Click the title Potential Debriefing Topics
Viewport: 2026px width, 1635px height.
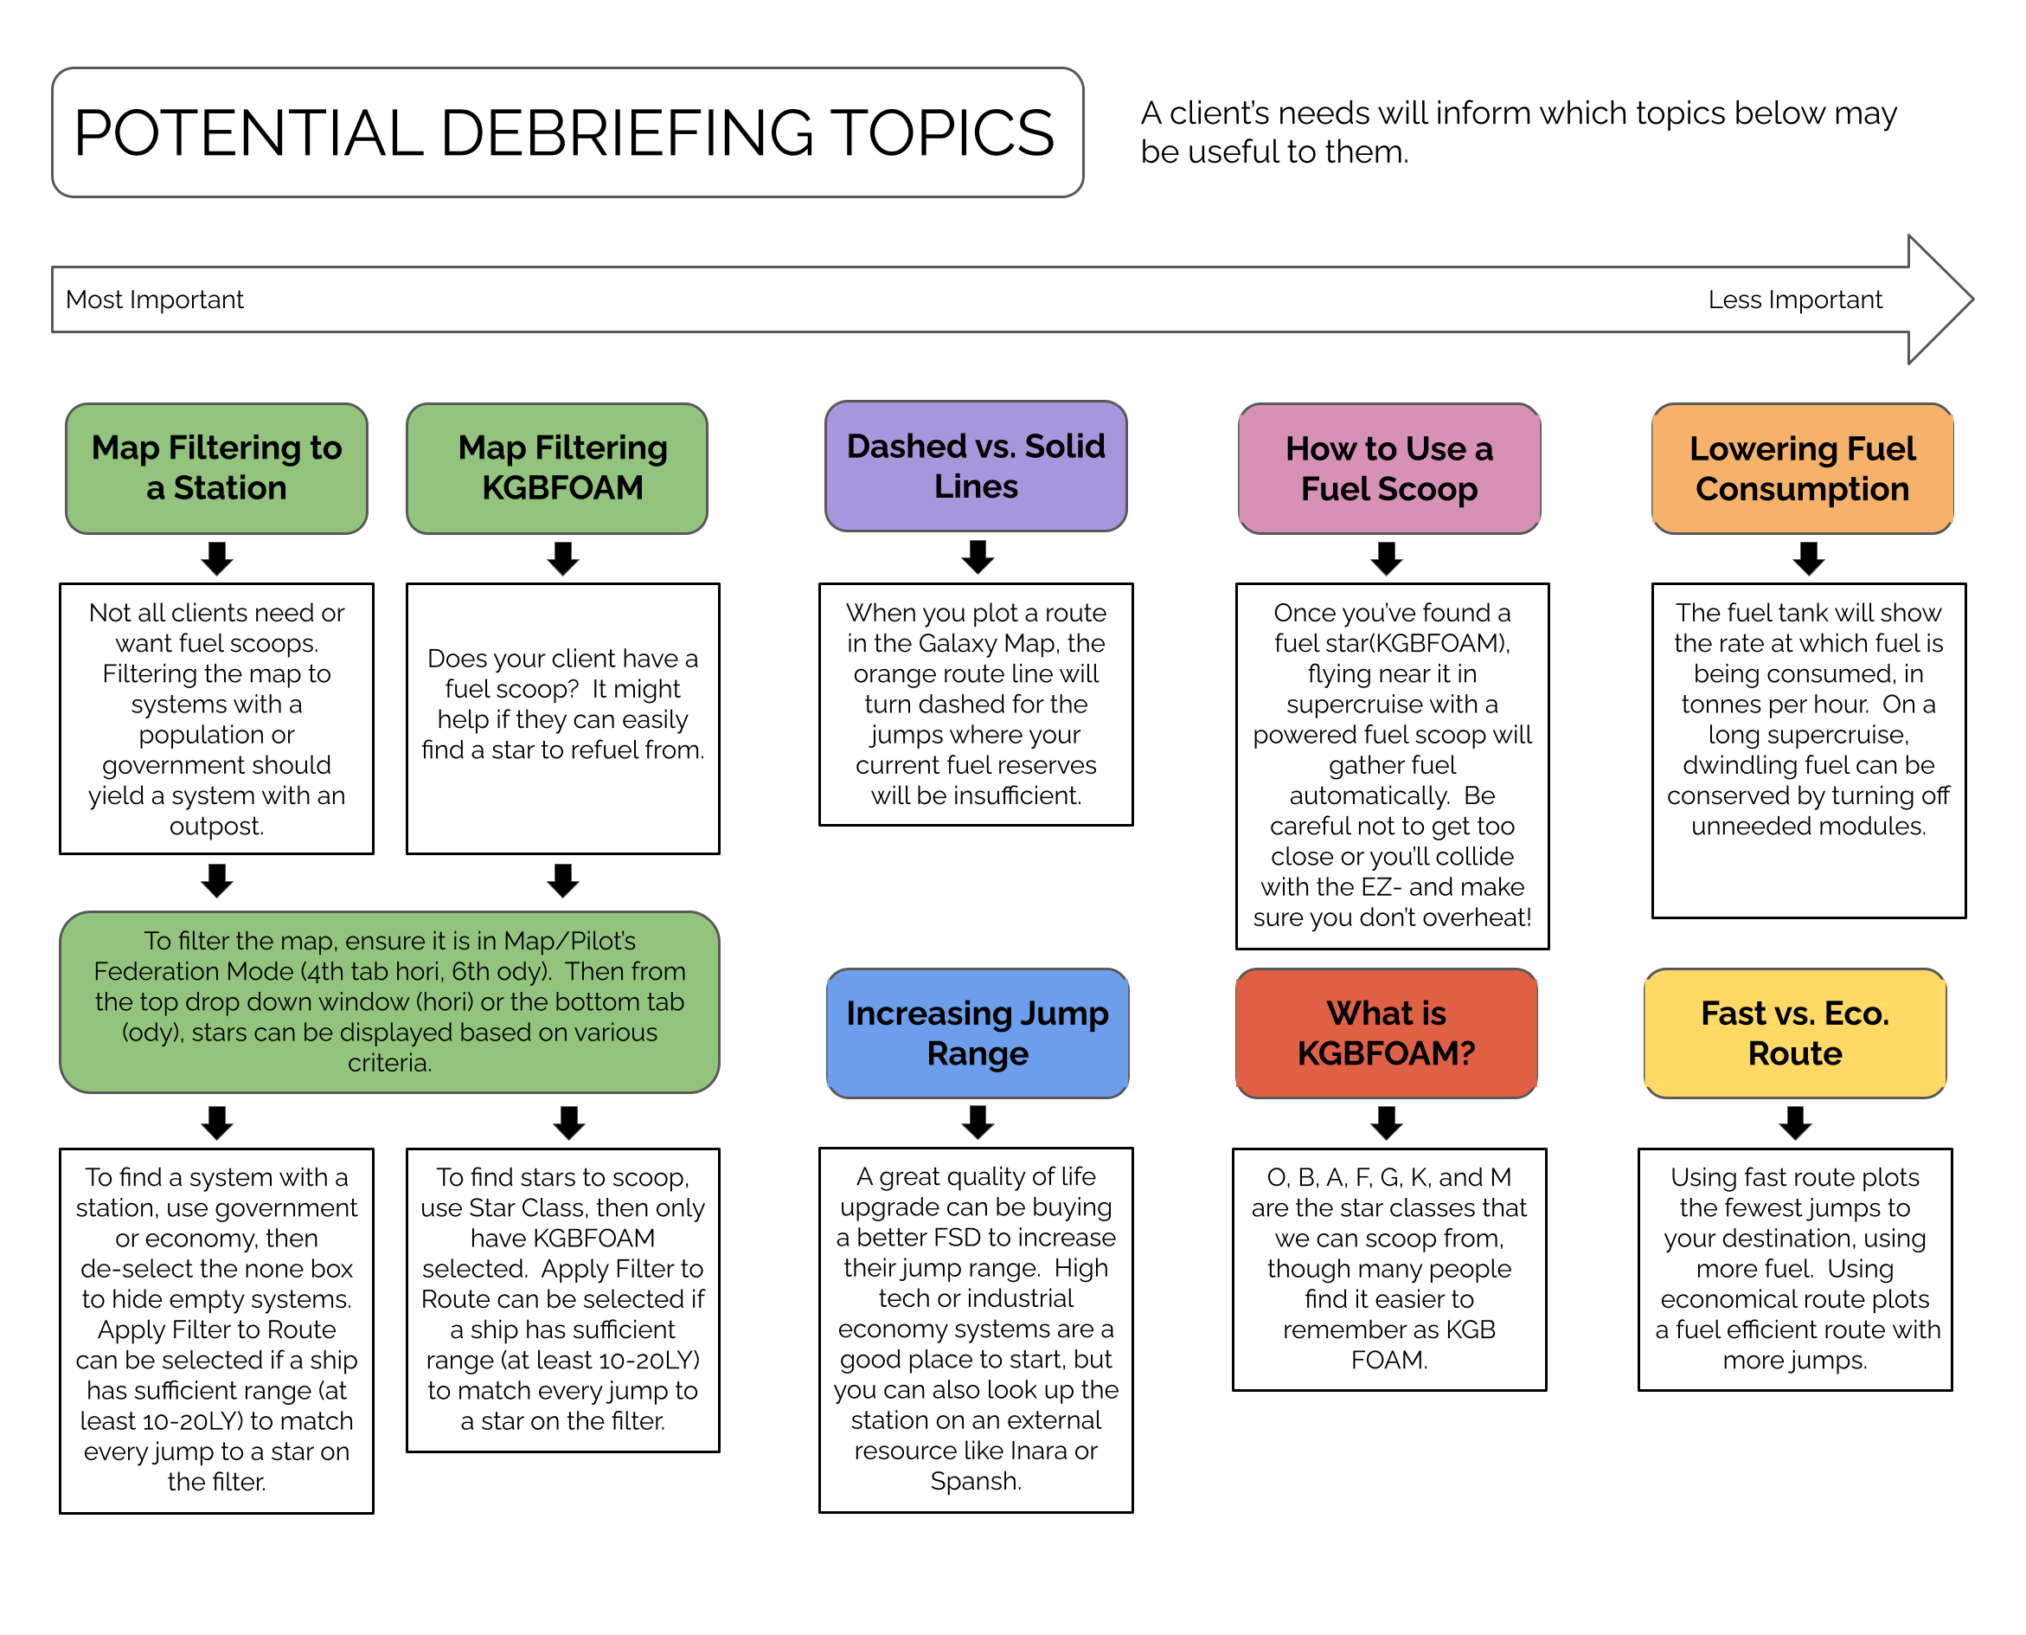click(564, 132)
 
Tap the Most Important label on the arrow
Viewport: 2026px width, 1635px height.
click(154, 299)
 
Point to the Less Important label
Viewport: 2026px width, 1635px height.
click(1794, 299)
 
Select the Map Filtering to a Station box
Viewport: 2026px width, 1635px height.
click(216, 468)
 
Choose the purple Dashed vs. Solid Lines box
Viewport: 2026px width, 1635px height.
click(977, 467)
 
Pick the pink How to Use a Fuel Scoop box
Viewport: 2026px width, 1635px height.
click(1389, 468)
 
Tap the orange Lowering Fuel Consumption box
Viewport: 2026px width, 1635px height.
click(1803, 468)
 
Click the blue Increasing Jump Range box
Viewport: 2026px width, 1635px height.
click(978, 1033)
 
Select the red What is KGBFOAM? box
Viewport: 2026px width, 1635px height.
click(1387, 1033)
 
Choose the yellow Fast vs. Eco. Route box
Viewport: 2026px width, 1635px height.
click(1795, 1033)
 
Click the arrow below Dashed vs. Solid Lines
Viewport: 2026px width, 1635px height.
click(978, 557)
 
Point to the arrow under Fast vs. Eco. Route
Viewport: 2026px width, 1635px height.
click(1795, 1123)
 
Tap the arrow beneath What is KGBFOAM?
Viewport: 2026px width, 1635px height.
click(1387, 1123)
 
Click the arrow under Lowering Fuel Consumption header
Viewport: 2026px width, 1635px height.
click(1809, 557)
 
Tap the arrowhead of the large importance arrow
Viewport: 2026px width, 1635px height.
click(1972, 299)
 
